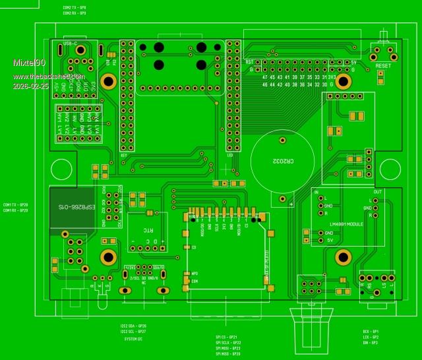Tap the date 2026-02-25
(30, 86)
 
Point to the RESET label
(382, 66)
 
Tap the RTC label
(148, 231)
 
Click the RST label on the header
(249, 62)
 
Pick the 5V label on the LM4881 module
(330, 240)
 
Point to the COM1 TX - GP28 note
(15, 205)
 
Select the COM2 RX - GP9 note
(75, 13)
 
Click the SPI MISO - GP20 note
(227, 354)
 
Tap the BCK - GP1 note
(371, 332)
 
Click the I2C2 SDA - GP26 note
(133, 326)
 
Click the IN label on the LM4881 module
(316, 192)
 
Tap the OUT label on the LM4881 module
(377, 192)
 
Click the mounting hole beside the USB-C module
(110, 81)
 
